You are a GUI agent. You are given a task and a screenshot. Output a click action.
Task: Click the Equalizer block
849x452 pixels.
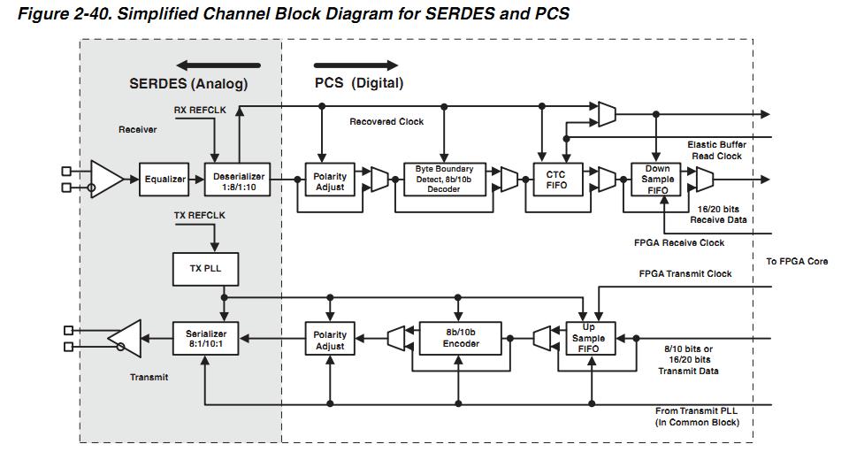[165, 180]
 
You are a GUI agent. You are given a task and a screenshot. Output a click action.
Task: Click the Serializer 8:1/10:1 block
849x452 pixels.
[206, 340]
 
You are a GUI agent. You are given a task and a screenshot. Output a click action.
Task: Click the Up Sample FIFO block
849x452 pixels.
[588, 339]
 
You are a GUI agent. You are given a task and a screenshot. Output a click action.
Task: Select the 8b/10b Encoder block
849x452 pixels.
[461, 339]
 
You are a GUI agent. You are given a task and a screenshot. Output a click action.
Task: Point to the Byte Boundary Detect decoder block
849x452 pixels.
[444, 180]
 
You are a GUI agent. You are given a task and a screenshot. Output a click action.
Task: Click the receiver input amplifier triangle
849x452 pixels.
[106, 180]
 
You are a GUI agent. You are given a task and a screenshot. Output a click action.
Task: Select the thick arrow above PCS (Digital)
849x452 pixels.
[356, 65]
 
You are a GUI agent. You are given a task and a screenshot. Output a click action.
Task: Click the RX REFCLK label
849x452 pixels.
[200, 110]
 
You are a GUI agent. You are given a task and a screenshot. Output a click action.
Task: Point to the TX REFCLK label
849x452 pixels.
[200, 215]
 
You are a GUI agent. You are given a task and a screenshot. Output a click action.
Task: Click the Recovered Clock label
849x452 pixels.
[386, 121]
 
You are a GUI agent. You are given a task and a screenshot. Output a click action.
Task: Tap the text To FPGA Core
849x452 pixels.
[797, 261]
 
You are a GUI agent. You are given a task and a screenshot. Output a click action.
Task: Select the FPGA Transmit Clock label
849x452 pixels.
[685, 274]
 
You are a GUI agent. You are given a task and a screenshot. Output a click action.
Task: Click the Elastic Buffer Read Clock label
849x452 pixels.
[716, 149]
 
